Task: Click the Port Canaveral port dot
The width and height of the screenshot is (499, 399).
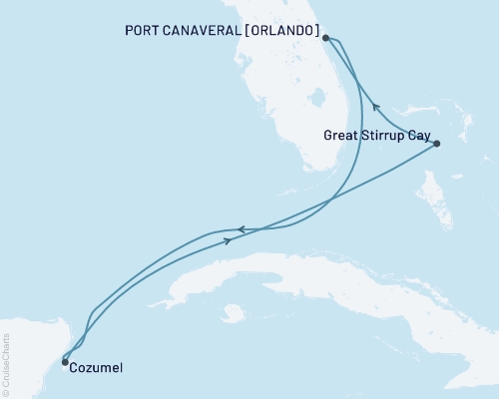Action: click(x=325, y=38)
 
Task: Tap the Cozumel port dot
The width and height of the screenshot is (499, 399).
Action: click(x=65, y=362)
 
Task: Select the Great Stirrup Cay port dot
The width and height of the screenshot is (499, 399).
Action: click(x=437, y=145)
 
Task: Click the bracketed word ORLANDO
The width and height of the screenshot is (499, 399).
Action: click(x=278, y=30)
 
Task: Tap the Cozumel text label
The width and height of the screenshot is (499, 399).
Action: click(x=98, y=367)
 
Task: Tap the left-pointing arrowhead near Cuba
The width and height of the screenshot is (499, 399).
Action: click(x=241, y=229)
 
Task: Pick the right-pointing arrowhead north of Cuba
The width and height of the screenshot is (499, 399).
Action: click(x=230, y=240)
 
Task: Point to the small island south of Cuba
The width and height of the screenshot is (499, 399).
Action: click(x=234, y=312)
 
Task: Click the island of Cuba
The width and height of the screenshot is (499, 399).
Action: click(x=329, y=269)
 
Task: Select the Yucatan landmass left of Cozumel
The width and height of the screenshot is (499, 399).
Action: click(x=25, y=349)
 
